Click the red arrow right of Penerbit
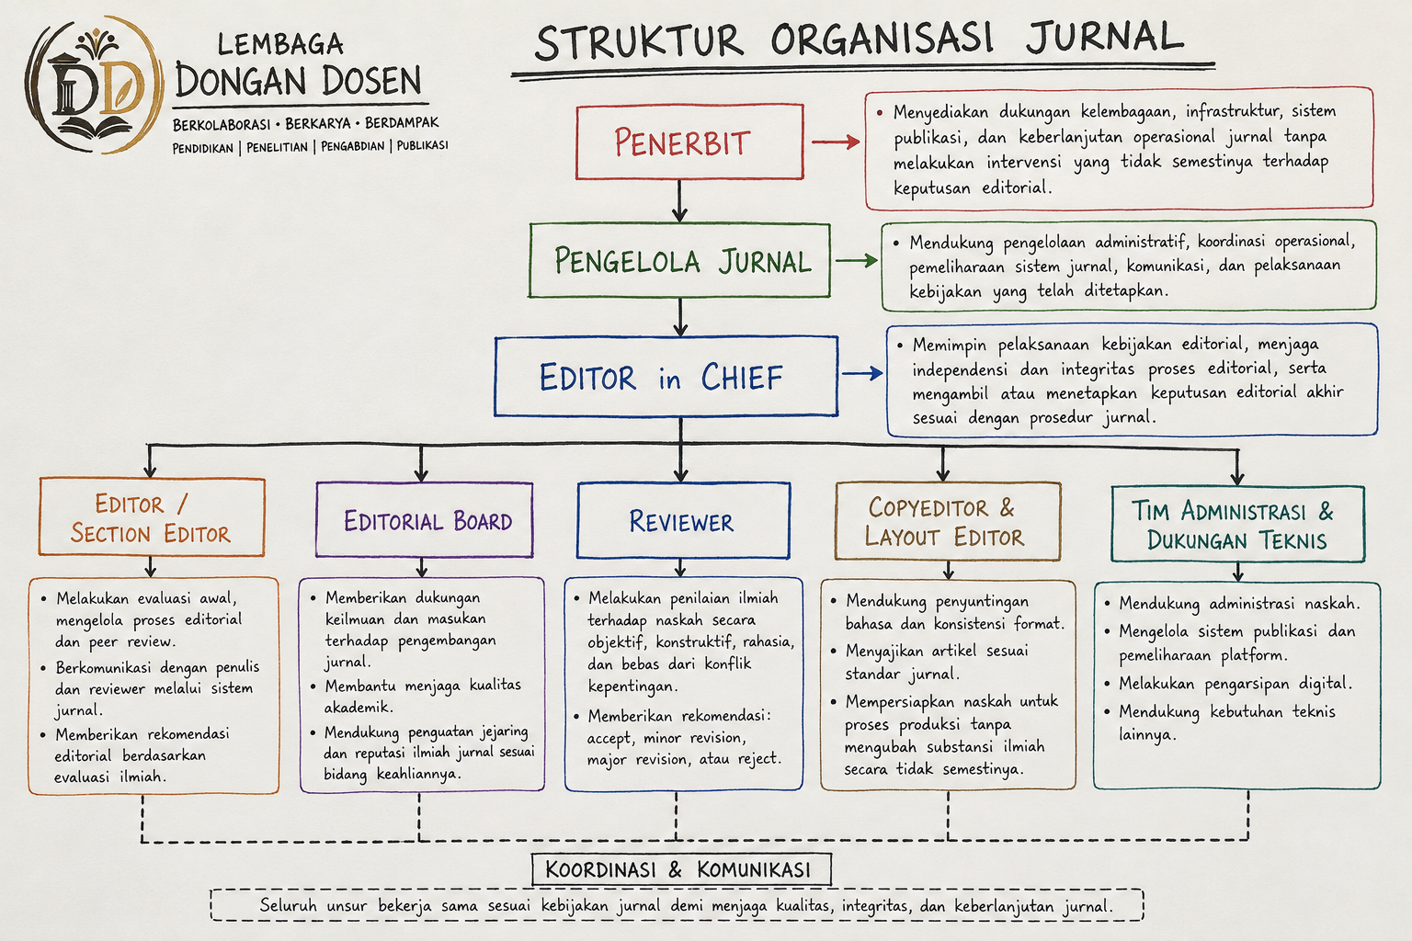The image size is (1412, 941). tap(836, 142)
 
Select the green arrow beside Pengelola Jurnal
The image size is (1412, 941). tap(857, 260)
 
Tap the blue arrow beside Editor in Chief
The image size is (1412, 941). tap(862, 374)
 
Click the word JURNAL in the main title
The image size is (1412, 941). tap(1104, 37)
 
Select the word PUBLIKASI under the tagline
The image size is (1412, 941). tap(422, 145)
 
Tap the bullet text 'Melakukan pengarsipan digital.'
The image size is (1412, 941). tap(1235, 684)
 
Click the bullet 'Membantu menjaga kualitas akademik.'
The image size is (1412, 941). tap(423, 697)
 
